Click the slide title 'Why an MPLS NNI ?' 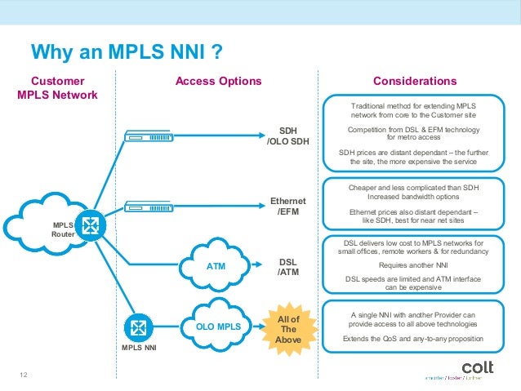[127, 53]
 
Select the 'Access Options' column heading [219, 81]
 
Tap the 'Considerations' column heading [414, 81]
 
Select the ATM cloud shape [216, 266]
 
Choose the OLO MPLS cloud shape [218, 327]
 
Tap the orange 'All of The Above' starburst [288, 329]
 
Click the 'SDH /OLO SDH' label [287, 136]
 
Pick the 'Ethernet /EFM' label [287, 207]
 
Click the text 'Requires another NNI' [413, 264]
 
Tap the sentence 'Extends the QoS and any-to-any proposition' [413, 338]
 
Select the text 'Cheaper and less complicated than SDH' [413, 187]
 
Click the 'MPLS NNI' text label [138, 349]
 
